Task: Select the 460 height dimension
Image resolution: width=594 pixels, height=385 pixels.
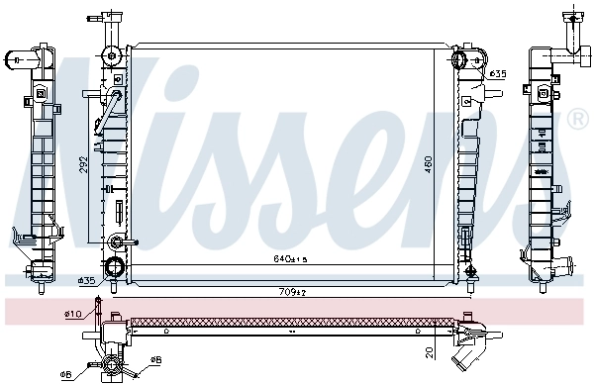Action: pyautogui.click(x=429, y=161)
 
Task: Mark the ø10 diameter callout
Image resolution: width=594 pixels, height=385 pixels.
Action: pyautogui.click(x=71, y=315)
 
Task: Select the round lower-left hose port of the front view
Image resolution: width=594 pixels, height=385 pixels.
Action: pyautogui.click(x=116, y=266)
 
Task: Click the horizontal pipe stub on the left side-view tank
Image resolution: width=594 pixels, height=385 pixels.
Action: pyautogui.click(x=13, y=60)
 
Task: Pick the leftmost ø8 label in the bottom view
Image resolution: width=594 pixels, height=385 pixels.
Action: pyautogui.click(x=65, y=374)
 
